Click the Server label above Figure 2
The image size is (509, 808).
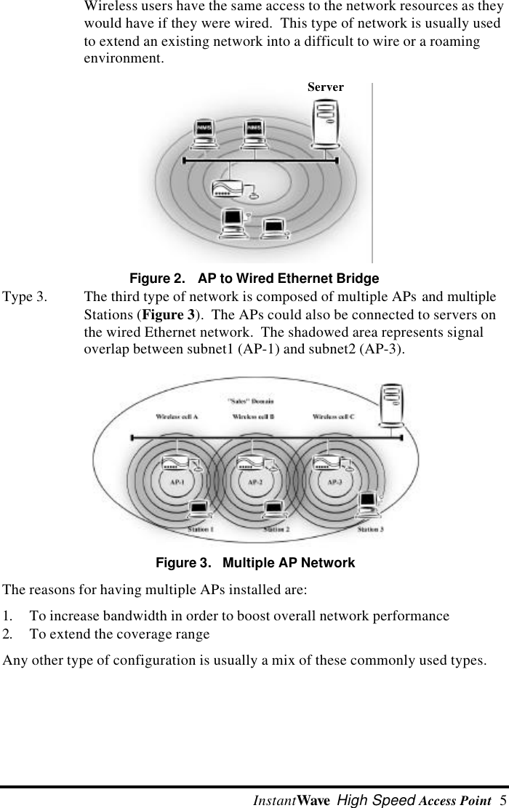click(325, 87)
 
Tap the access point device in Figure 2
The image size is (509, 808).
click(228, 191)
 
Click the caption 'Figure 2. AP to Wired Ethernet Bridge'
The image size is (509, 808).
click(254, 279)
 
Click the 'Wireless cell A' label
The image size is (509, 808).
click(177, 417)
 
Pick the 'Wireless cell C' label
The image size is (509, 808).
click(334, 417)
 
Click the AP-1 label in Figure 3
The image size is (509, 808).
click(177, 481)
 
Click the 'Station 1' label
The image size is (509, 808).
click(201, 529)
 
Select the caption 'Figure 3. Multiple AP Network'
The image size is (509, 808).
click(256, 563)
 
